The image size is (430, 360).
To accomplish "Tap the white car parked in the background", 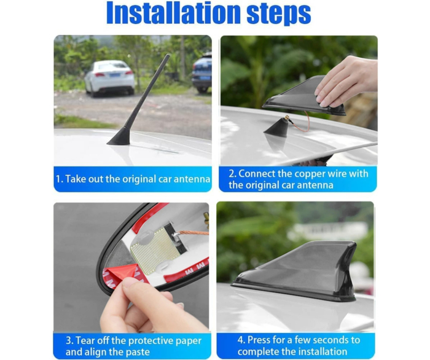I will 110,77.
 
